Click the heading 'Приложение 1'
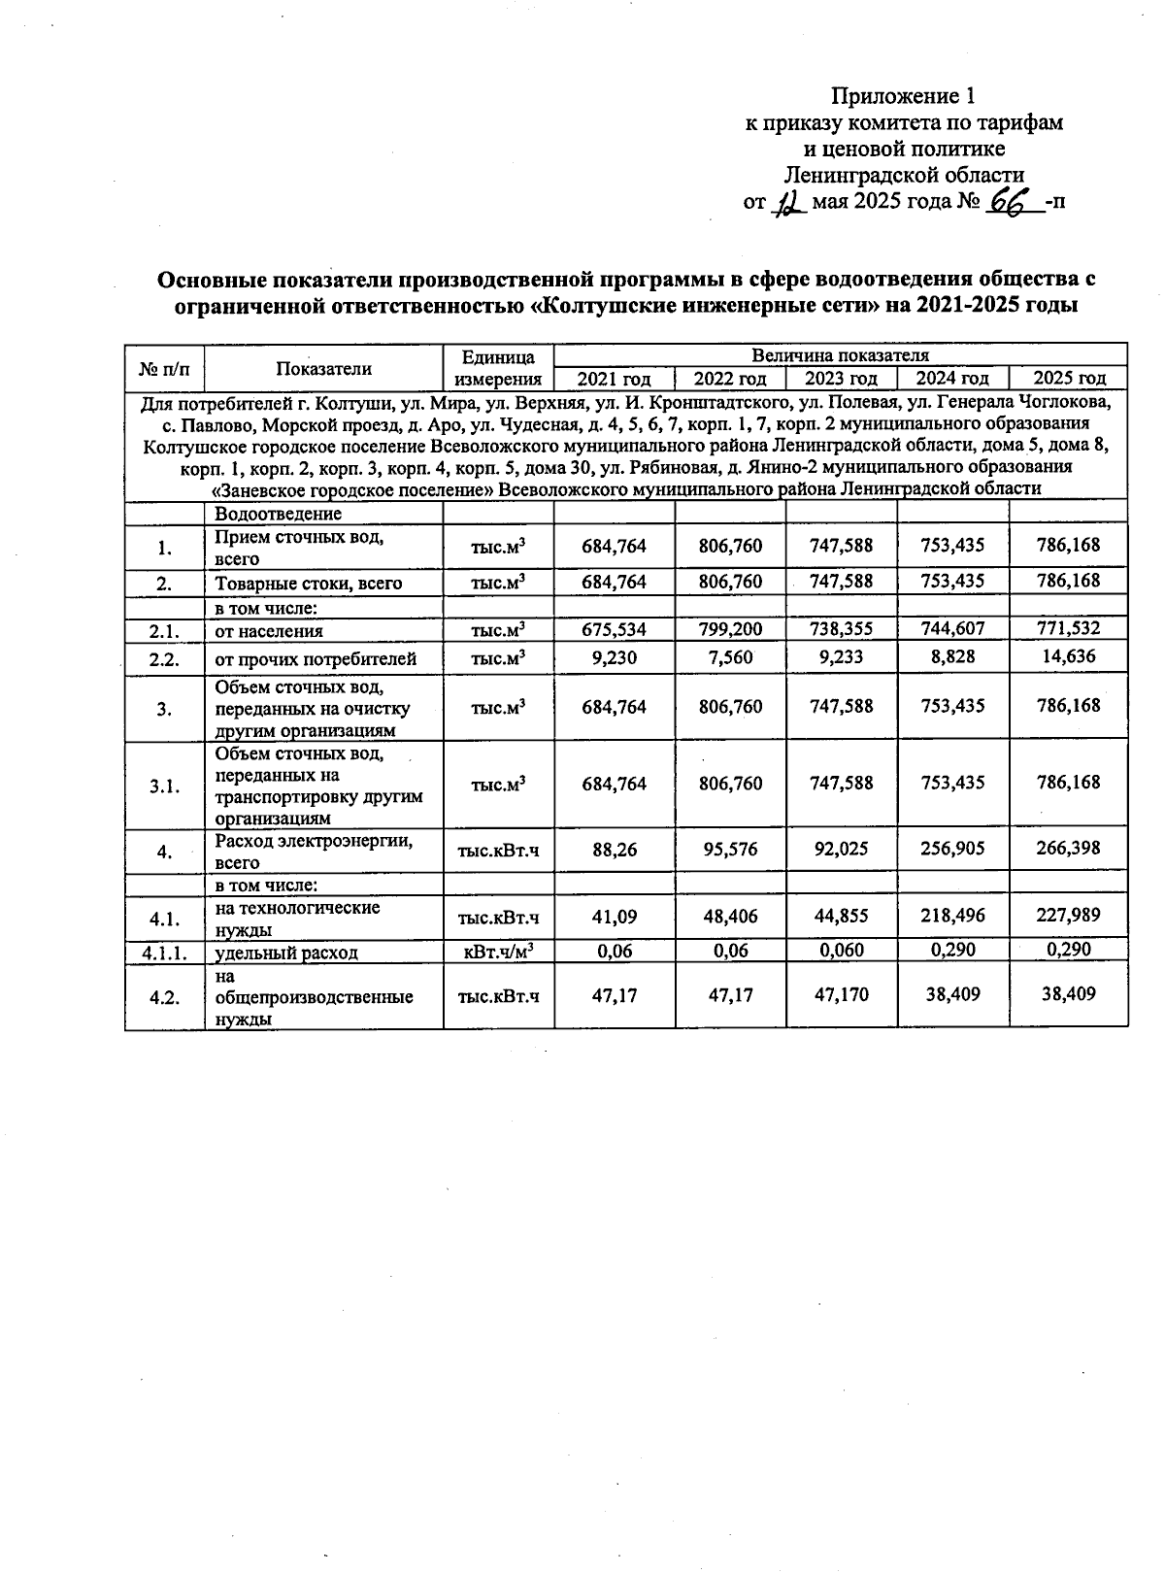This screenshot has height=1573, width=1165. point(902,96)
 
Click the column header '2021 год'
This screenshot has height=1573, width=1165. point(614,379)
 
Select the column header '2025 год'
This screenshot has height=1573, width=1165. point(1069,379)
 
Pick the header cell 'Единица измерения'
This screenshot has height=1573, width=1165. point(498,367)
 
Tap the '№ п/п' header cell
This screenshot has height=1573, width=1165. point(164,368)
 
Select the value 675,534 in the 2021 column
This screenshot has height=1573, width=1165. point(614,629)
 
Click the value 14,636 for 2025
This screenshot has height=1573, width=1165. point(1068,656)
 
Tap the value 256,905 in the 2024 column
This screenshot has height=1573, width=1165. point(952,849)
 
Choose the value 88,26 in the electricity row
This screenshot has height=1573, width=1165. point(614,849)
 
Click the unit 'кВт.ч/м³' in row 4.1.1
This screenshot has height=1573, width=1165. point(498,952)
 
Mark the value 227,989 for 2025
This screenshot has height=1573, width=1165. point(1068,916)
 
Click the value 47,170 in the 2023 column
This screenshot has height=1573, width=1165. point(841,995)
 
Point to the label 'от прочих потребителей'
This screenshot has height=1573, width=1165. point(316,659)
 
